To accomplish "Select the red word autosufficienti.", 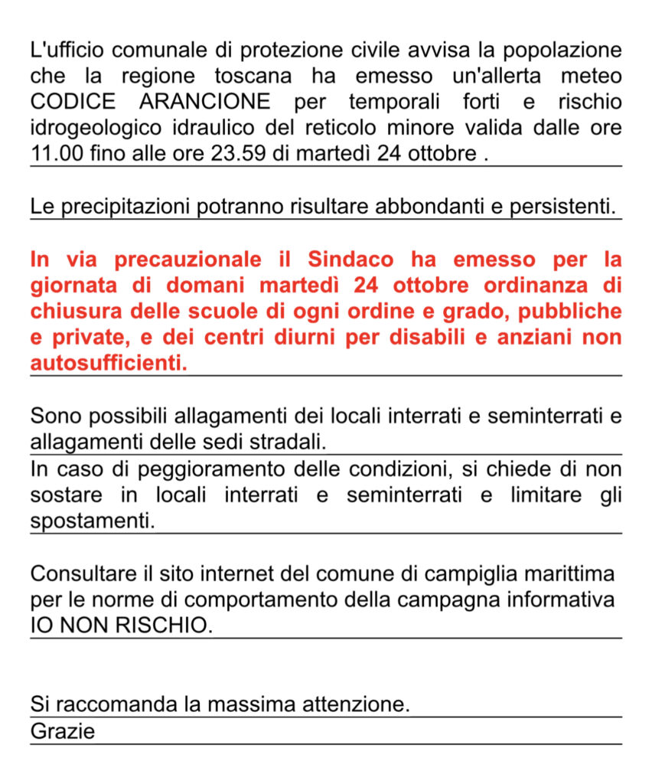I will [x=109, y=363].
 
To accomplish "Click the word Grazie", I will [x=63, y=731].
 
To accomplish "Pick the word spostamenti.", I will [x=93, y=522].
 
